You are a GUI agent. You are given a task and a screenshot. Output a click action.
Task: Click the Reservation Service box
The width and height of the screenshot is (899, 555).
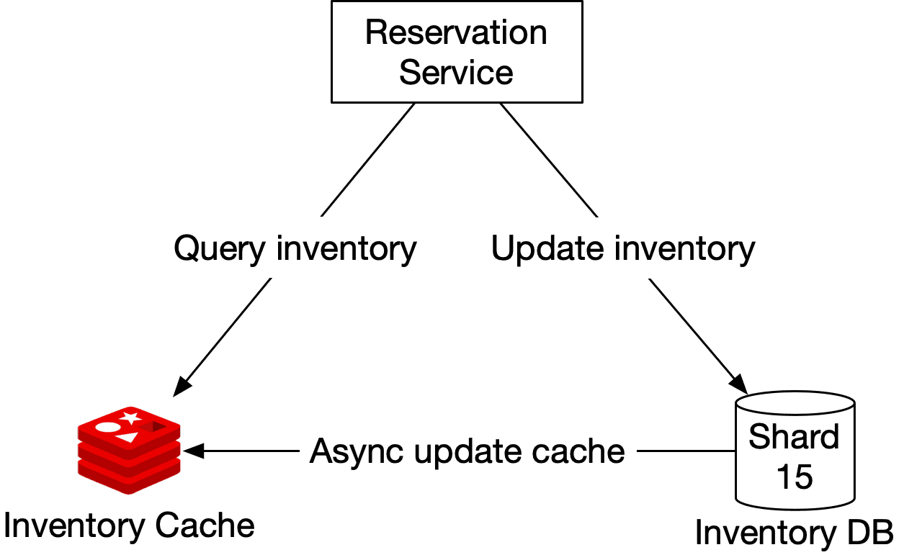click(x=456, y=52)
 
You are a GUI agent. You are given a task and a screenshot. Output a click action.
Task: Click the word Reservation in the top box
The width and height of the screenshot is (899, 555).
click(x=456, y=33)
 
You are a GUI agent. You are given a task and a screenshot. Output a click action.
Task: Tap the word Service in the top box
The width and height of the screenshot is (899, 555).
click(x=456, y=73)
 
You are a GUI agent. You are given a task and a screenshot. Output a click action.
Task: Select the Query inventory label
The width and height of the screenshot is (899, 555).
click(x=295, y=248)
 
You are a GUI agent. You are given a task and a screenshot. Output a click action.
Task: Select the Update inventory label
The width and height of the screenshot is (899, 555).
click(x=623, y=248)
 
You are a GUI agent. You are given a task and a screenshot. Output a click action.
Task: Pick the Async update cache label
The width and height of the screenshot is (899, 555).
click(x=468, y=451)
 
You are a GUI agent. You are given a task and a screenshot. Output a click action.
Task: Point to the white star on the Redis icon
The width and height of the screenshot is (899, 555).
click(x=130, y=417)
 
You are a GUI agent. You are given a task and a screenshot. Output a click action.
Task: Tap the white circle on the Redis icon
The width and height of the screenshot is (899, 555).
click(x=107, y=427)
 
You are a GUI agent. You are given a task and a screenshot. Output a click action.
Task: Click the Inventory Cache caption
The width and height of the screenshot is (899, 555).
click(x=129, y=526)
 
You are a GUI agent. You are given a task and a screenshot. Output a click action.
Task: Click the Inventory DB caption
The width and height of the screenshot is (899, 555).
click(x=795, y=533)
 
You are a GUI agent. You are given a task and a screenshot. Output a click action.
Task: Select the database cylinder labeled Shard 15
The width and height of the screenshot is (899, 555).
click(x=795, y=450)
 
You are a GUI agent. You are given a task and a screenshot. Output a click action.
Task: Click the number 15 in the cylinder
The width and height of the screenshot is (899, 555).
click(x=795, y=477)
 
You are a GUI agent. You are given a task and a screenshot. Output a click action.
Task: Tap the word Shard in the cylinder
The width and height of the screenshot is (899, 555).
click(x=795, y=437)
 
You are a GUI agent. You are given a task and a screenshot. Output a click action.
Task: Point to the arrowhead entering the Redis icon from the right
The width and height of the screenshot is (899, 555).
click(x=192, y=451)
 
